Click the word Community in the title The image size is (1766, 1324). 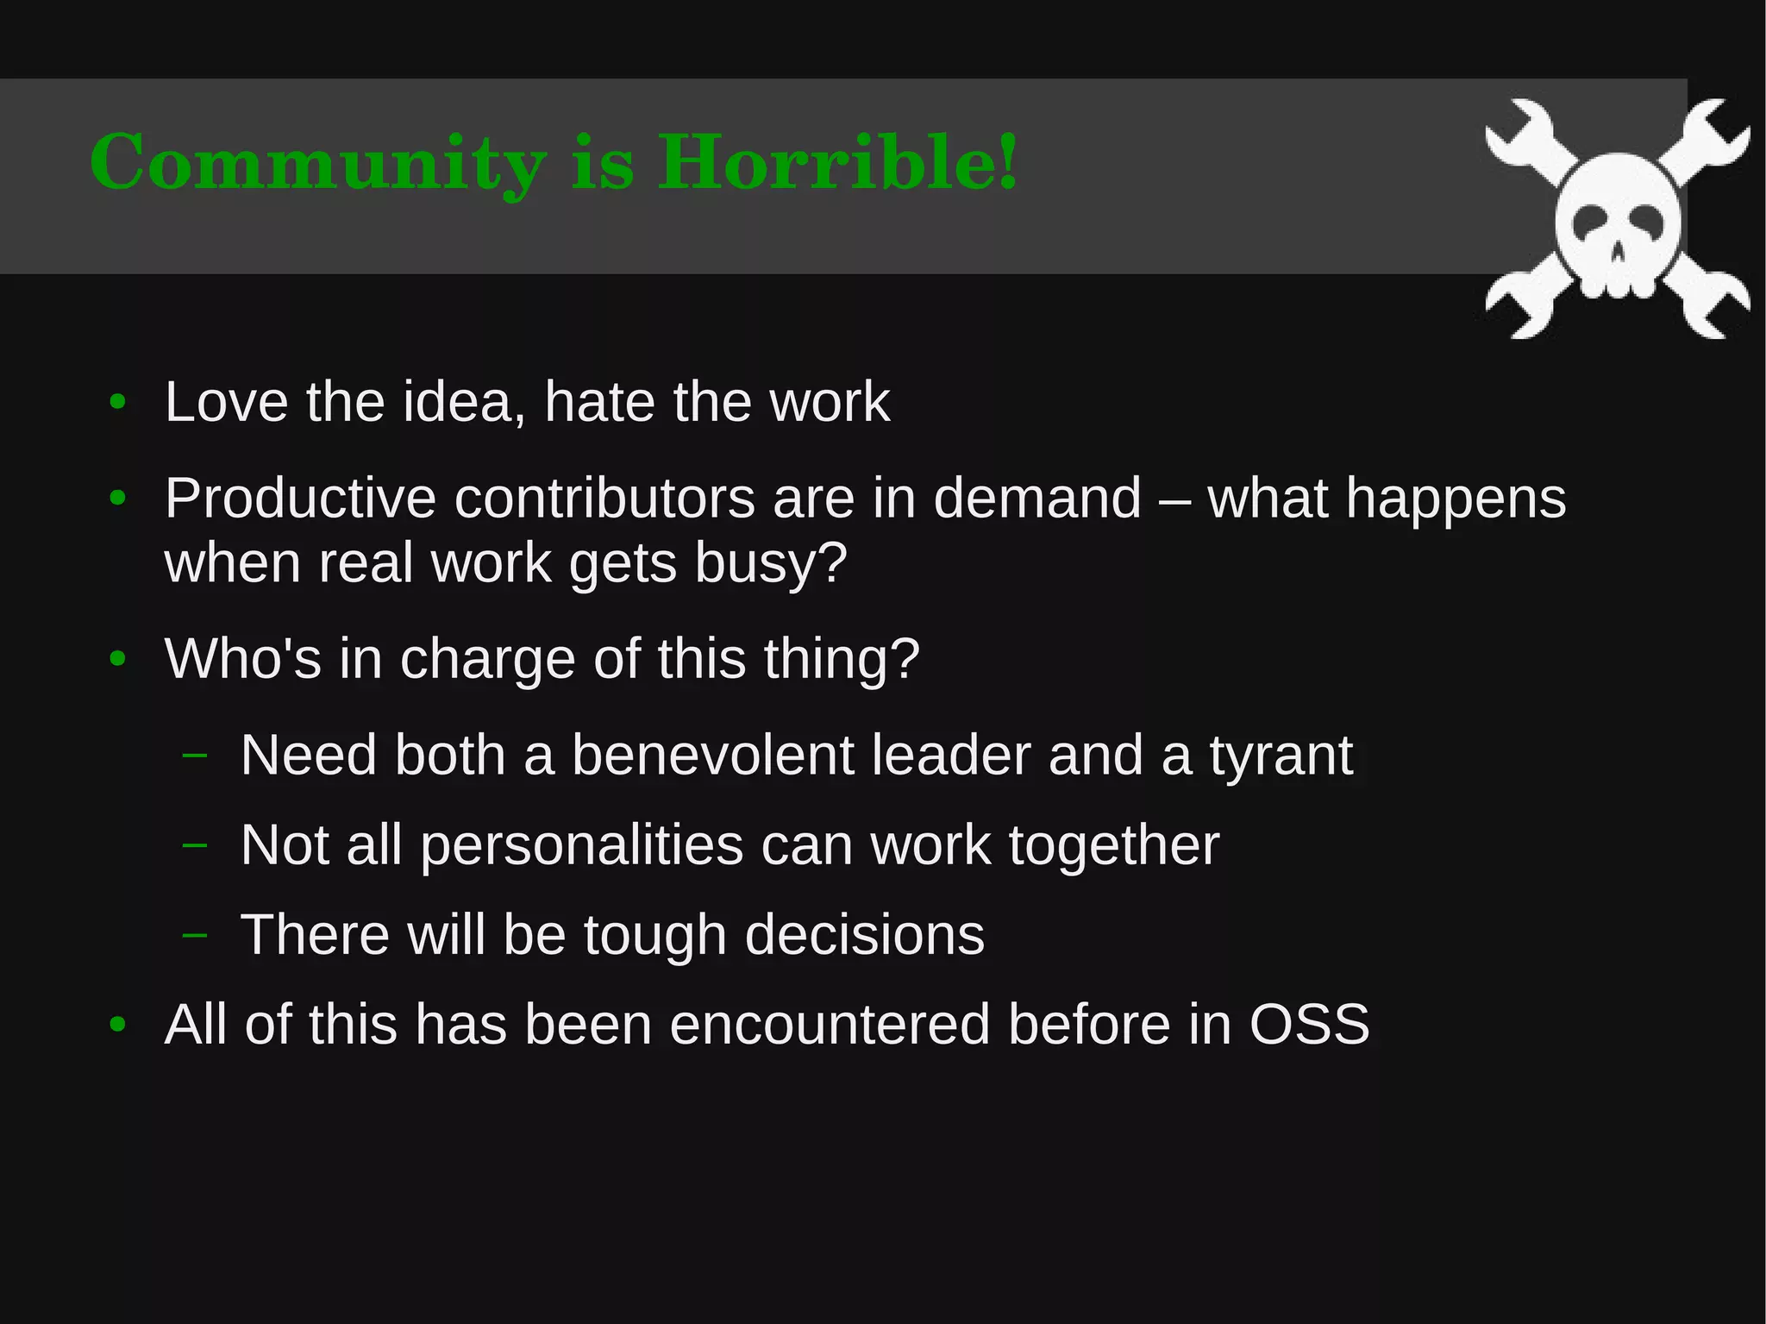317,163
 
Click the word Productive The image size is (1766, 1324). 300,499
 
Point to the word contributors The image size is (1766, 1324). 604,499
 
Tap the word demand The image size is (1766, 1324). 1036,499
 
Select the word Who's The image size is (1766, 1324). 242,659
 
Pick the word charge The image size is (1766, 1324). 487,660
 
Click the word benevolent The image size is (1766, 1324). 712,756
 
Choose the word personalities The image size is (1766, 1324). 582,845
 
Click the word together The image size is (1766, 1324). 1114,845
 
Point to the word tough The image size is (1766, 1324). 654,936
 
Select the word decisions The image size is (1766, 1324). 864,935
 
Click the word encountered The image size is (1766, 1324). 830,1025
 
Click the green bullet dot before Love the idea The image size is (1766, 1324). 118,402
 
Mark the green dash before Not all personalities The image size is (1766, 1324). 195,844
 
